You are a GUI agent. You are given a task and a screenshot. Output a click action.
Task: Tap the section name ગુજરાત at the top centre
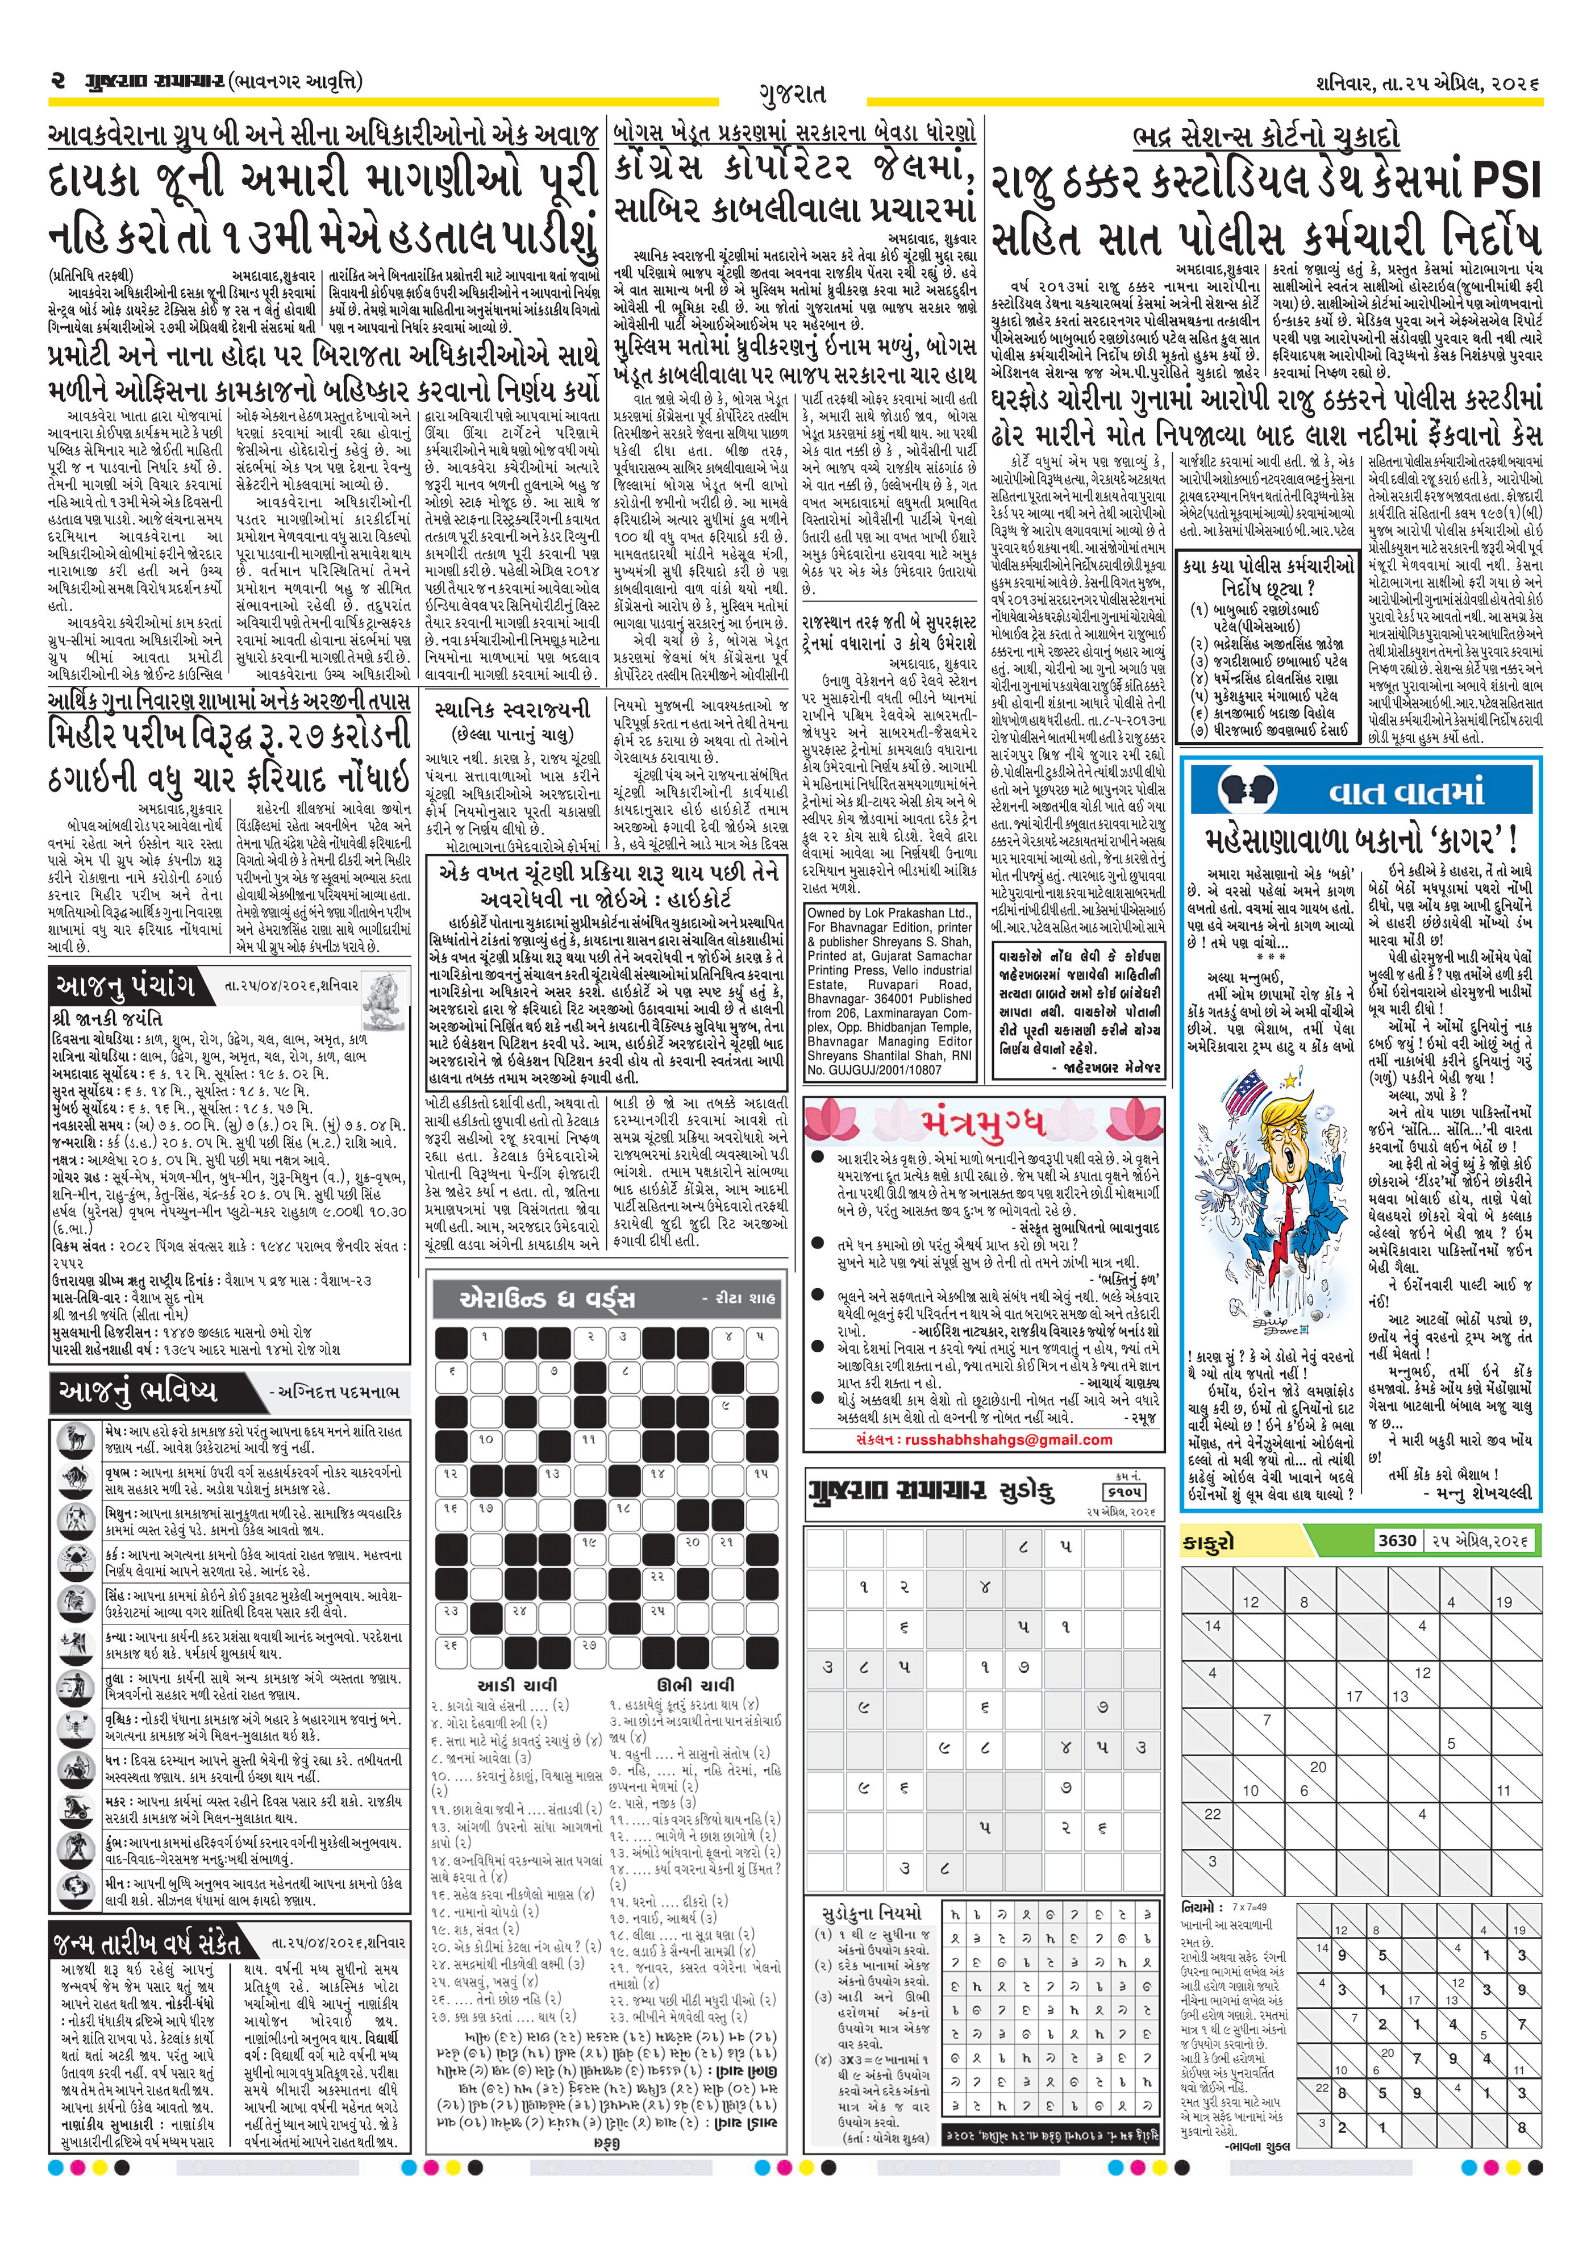pos(793,94)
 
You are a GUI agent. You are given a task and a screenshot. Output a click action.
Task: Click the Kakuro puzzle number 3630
pos(1396,1540)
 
